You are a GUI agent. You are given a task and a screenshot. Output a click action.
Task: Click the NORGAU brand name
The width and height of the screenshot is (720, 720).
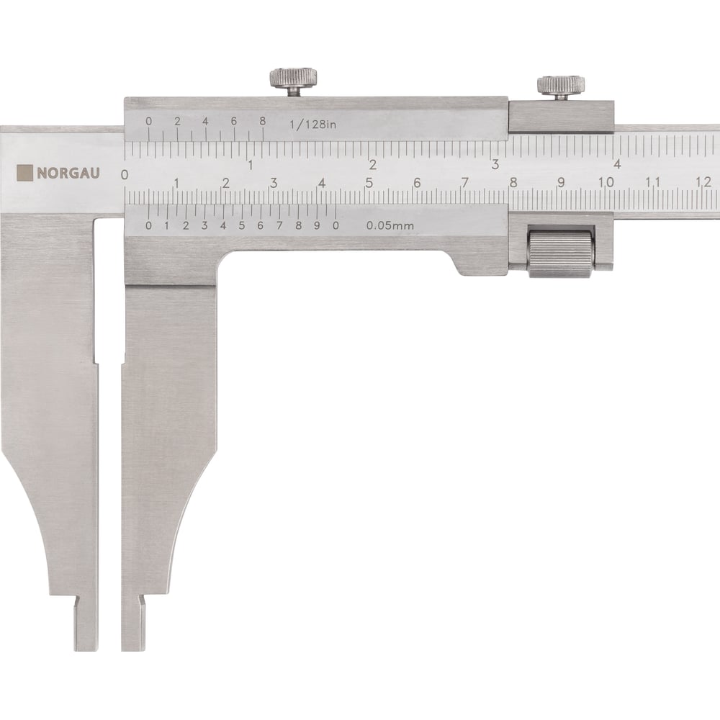point(68,173)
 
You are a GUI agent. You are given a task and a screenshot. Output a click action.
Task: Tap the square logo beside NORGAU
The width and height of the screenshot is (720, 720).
point(24,173)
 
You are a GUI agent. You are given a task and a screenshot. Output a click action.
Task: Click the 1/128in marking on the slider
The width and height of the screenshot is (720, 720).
point(312,125)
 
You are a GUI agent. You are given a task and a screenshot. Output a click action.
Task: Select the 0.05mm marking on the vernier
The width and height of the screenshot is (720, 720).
point(390,225)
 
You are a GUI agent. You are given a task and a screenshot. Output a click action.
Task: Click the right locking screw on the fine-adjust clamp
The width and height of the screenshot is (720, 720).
point(561,88)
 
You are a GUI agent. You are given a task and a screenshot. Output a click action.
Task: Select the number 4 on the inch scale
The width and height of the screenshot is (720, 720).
point(618,164)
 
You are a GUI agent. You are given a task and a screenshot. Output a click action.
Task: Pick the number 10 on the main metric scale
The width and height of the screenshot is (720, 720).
point(606,182)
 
